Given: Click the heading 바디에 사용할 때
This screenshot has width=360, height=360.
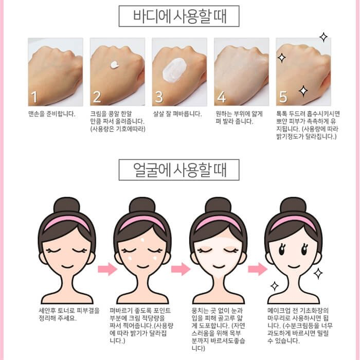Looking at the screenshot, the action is pyautogui.click(x=180, y=16).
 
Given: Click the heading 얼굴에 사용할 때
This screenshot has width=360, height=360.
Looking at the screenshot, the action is pyautogui.click(x=180, y=170).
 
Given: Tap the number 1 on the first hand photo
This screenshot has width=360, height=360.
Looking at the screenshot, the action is pyautogui.click(x=34, y=97).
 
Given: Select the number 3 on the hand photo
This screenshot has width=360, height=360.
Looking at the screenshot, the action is pyautogui.click(x=159, y=97).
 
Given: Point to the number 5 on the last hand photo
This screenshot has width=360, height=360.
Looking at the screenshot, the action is pyautogui.click(x=283, y=97).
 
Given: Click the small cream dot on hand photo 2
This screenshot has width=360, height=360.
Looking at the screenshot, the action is pyautogui.click(x=115, y=65).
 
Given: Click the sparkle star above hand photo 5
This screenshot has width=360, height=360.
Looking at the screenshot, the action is pyautogui.click(x=323, y=37).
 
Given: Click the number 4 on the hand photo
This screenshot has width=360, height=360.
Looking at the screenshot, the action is pyautogui.click(x=221, y=97).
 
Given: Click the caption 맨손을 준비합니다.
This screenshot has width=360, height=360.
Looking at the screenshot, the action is pyautogui.click(x=51, y=114).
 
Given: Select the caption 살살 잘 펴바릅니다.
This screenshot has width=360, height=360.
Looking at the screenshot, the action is pyautogui.click(x=177, y=114).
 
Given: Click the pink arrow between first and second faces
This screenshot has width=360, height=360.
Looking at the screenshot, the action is pyautogui.click(x=107, y=269).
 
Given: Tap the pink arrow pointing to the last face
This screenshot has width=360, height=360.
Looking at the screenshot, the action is pyautogui.click(x=257, y=269).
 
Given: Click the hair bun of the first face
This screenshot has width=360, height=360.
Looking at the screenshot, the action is pyautogui.click(x=66, y=205).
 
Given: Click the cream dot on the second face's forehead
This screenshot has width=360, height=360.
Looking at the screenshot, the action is pyautogui.click(x=142, y=240).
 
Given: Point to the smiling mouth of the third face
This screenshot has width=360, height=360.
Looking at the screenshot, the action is pyautogui.click(x=219, y=266).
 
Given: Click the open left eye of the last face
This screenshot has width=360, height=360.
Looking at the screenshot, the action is pyautogui.click(x=282, y=249).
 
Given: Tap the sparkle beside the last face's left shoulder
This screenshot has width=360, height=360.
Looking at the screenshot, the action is pyautogui.click(x=274, y=286).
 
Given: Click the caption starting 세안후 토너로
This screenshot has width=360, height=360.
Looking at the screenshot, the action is pyautogui.click(x=69, y=315).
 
